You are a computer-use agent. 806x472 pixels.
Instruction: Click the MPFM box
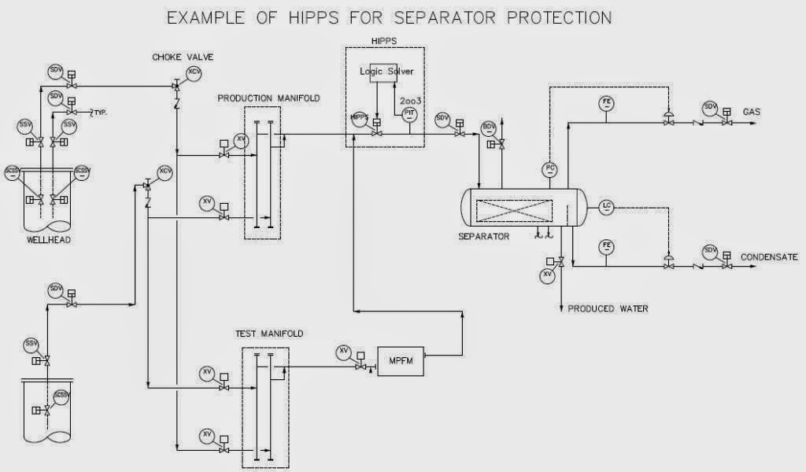tap(401, 360)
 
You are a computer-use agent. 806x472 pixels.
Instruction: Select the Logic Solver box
tap(386, 72)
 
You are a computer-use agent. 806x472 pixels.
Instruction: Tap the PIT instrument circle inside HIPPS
tap(409, 115)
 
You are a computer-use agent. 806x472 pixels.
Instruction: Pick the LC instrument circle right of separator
tap(606, 207)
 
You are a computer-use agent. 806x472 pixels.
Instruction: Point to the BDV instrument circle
tap(487, 127)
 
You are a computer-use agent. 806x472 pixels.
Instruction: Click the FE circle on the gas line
tap(607, 103)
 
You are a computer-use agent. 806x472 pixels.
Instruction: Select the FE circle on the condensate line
tap(607, 246)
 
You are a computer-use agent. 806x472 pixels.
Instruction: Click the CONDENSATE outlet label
tap(770, 257)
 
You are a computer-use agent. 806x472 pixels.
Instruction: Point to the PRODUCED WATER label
tap(608, 309)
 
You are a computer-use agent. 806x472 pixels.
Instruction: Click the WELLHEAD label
tap(48, 241)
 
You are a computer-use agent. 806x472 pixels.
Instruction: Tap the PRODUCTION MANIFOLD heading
tap(268, 98)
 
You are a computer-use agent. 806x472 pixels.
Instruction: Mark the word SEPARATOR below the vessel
tap(483, 236)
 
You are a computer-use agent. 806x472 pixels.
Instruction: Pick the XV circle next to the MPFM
tap(344, 352)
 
